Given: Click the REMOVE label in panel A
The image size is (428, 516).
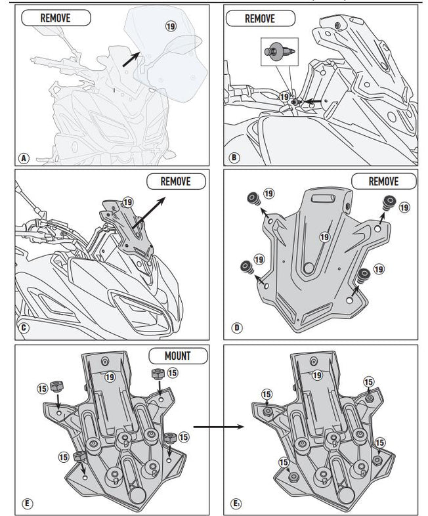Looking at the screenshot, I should (x=56, y=18).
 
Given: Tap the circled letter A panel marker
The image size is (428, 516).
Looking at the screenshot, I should (x=24, y=158).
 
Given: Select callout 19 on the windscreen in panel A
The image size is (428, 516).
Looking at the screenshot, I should (x=171, y=26).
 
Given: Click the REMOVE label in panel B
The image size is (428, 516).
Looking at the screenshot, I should (x=260, y=18).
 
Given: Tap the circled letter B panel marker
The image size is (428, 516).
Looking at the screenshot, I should (x=234, y=158).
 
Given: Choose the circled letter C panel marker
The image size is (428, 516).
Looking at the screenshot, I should (x=24, y=326).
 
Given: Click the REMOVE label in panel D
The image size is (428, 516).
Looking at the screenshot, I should (x=383, y=181).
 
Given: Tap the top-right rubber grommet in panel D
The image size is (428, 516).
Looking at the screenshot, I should (x=389, y=201).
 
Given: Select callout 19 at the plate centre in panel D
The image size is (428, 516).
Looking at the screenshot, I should (x=324, y=236).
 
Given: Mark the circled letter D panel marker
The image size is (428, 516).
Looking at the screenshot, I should (x=234, y=326).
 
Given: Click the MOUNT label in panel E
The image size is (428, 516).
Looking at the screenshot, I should (x=178, y=356).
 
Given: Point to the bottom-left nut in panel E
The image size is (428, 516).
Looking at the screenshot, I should (x=79, y=457).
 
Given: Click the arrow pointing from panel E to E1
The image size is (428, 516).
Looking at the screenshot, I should (x=217, y=426).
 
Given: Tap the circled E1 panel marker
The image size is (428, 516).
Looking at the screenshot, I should (x=236, y=504).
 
